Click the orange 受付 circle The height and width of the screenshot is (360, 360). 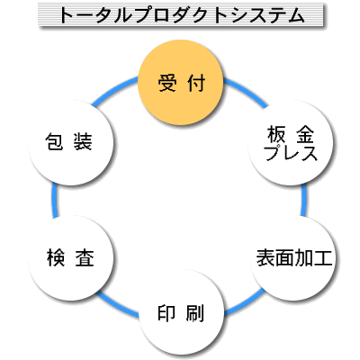[181, 83]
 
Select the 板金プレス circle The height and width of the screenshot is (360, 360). [291, 143]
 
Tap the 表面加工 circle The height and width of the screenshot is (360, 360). [292, 258]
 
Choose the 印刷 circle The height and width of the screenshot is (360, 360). [182, 312]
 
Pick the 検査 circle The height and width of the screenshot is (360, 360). [71, 258]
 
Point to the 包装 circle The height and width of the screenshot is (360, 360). [71, 143]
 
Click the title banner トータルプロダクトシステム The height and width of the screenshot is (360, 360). [181, 15]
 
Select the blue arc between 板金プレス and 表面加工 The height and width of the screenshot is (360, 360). [304, 201]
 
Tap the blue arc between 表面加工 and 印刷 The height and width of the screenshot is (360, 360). [245, 303]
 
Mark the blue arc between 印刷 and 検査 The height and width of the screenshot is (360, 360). [118, 303]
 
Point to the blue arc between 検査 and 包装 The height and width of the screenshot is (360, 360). [54, 201]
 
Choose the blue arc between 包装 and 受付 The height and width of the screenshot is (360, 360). [114, 91]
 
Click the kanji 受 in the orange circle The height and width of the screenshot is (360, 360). [167, 83]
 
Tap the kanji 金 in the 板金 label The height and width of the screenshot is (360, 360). [305, 134]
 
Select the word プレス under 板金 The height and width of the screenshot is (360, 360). [291, 153]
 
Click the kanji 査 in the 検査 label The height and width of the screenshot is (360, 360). [85, 258]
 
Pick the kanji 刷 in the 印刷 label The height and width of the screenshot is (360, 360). [195, 313]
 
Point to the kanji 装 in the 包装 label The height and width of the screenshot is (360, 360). [83, 141]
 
